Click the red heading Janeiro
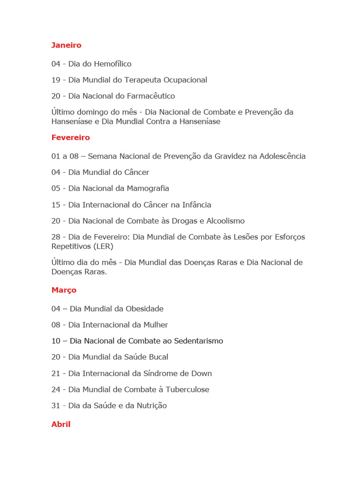coord(66,45)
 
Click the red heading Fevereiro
coord(70,137)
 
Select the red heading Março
coord(64,290)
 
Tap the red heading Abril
coord(61,424)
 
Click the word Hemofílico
coord(112,64)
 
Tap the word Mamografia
coord(145,188)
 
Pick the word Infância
coord(195,205)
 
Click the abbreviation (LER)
coord(103,246)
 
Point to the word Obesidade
coord(142,309)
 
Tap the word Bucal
coord(157,357)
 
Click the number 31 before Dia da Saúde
coord(56,406)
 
